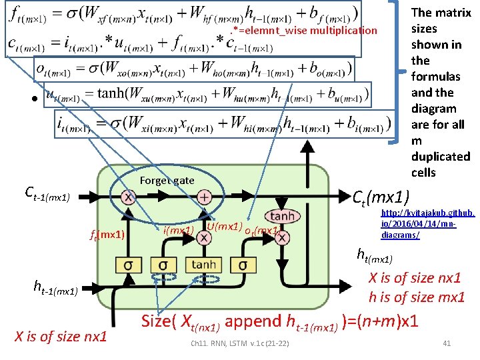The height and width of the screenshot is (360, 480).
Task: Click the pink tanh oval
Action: pyautogui.click(x=282, y=216)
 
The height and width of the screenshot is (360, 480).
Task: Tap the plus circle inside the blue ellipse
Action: pyautogui.click(x=205, y=197)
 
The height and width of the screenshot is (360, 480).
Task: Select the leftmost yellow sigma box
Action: pyautogui.click(x=129, y=265)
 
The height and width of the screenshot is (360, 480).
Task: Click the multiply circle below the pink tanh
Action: pyautogui.click(x=282, y=237)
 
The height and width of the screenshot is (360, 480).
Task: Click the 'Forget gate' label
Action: pyautogui.click(x=167, y=180)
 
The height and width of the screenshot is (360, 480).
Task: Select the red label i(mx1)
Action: pyautogui.click(x=178, y=231)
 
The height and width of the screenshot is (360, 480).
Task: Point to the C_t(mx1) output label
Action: pyautogui.click(x=383, y=197)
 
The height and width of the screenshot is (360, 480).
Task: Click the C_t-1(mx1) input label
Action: pyautogui.click(x=47, y=193)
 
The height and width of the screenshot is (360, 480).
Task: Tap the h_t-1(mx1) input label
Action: pyautogui.click(x=56, y=287)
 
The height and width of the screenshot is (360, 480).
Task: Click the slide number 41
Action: pyautogui.click(x=447, y=343)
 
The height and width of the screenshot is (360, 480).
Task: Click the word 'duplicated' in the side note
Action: pyautogui.click(x=441, y=157)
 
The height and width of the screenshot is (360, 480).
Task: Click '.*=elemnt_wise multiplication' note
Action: pyautogui.click(x=303, y=30)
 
